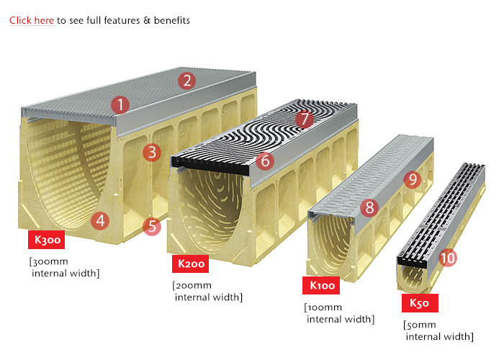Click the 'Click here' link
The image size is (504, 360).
pyautogui.click(x=32, y=20)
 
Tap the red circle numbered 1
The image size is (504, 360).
pyautogui.click(x=121, y=104)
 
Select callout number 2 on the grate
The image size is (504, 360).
pyautogui.click(x=186, y=81)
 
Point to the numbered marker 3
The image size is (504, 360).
pyautogui.click(x=150, y=152)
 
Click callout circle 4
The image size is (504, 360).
pyautogui.click(x=101, y=221)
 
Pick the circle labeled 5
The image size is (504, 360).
pyautogui.click(x=151, y=227)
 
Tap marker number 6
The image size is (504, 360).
pyautogui.click(x=265, y=161)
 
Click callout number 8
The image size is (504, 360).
pyautogui.click(x=369, y=208)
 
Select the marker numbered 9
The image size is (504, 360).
pyautogui.click(x=411, y=179)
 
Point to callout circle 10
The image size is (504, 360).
pyautogui.click(x=448, y=257)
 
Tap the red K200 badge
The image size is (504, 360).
pyautogui.click(x=191, y=264)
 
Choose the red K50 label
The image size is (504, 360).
pyautogui.click(x=419, y=303)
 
